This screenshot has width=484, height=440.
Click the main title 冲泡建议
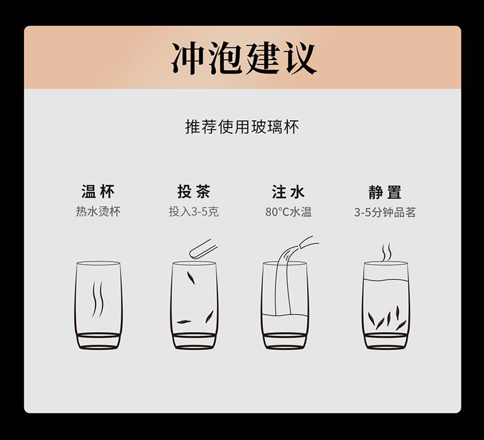tap(244, 58)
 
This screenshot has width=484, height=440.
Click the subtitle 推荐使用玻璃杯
tap(242, 127)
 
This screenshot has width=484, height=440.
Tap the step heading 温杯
tap(98, 191)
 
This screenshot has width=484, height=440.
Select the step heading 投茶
tap(194, 191)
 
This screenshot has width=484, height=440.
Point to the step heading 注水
tap(289, 192)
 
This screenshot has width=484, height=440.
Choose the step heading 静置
tap(385, 192)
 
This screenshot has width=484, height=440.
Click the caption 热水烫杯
tap(98, 211)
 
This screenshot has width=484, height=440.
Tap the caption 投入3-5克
tap(194, 212)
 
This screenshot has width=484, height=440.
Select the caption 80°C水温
tap(289, 212)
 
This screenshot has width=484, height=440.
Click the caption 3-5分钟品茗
tap(385, 213)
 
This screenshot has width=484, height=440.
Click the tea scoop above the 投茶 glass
tap(203, 249)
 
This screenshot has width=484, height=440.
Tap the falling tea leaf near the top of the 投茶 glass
tap(191, 278)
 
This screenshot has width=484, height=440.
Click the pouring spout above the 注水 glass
tap(309, 241)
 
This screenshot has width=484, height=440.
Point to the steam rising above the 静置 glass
tap(386, 252)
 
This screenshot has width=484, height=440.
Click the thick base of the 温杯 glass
tap(99, 341)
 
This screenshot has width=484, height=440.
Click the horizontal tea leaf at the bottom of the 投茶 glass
tap(184, 322)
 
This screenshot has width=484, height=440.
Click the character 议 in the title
tap(301, 58)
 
